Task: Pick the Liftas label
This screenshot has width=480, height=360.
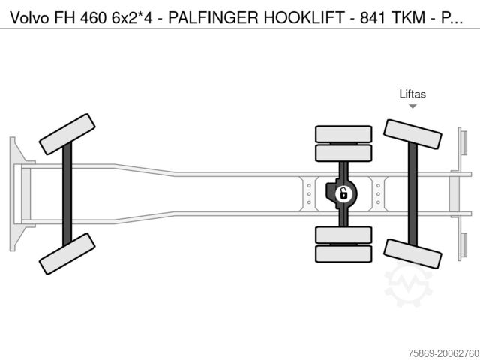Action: point(412,94)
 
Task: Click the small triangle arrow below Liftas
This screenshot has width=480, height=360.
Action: point(412,106)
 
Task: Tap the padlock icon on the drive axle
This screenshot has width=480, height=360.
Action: point(343,193)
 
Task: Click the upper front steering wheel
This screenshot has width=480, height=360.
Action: point(67,133)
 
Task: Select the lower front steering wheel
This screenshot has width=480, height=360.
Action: point(67,253)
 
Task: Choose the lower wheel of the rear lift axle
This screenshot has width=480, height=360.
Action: point(412,253)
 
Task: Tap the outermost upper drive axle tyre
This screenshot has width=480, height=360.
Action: point(343,134)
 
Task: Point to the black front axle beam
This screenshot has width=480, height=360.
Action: point(67,193)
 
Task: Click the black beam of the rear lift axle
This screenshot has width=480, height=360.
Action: point(412,193)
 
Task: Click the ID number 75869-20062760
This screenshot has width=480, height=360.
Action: point(438,351)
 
